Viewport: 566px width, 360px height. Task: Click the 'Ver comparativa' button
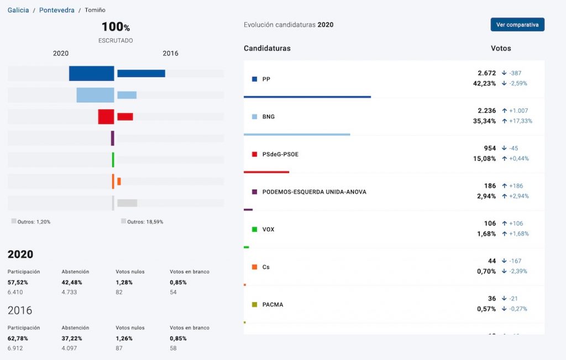517,24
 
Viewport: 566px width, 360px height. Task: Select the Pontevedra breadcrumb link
57,10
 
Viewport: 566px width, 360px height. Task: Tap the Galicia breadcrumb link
18,10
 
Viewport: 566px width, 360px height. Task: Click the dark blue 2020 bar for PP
91,74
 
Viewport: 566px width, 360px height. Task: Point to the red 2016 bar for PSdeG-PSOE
125,117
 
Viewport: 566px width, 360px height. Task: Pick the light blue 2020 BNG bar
95,95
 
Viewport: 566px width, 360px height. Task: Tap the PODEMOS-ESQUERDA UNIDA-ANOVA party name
314,192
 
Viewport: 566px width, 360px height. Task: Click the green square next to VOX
254,229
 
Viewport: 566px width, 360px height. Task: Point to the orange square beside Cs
254,267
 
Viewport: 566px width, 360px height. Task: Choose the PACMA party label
272,305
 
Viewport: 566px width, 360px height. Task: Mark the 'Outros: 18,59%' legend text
145,222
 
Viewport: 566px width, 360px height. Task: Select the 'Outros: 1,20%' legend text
34,222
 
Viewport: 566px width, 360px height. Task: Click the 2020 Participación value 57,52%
18,282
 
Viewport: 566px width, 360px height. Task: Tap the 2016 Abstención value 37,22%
72,338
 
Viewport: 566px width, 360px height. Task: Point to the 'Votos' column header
501,48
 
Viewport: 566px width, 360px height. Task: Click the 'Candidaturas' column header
267,48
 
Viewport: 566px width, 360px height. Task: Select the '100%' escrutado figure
116,27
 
